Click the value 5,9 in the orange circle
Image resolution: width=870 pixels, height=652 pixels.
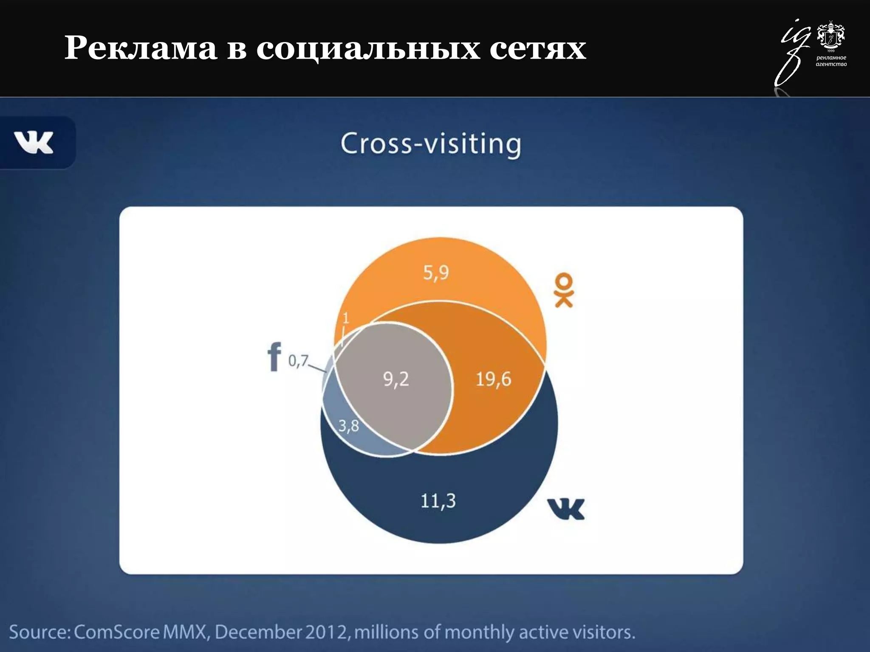(436, 273)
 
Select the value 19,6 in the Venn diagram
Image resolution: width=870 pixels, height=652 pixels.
(493, 379)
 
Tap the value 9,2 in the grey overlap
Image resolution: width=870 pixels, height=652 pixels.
(396, 379)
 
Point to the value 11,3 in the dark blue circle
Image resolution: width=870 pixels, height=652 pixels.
(438, 501)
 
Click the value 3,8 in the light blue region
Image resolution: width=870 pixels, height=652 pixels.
(349, 426)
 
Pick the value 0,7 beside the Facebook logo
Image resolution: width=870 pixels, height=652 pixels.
(298, 361)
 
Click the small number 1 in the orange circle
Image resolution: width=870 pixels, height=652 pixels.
(346, 318)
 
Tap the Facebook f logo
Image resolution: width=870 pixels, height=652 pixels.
(274, 357)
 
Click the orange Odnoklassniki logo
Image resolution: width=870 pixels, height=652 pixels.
(564, 290)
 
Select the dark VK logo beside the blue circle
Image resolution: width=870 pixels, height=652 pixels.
(566, 509)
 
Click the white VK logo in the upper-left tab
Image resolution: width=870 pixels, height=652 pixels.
(34, 142)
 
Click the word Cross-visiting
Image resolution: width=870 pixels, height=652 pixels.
(430, 144)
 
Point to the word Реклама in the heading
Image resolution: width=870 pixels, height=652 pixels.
(141, 48)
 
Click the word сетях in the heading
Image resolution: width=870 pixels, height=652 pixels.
(537, 48)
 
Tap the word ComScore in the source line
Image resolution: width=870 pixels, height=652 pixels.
(117, 632)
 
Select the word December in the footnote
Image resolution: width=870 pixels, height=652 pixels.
(258, 632)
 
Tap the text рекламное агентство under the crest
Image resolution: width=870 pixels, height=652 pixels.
(831, 61)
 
